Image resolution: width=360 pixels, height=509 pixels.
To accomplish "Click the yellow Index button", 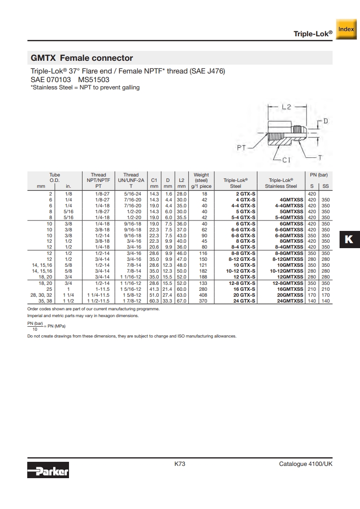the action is pos(346,29).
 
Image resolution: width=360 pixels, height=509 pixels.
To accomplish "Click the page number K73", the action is pos(180,464).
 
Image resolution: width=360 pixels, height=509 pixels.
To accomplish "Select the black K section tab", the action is pos(350,239).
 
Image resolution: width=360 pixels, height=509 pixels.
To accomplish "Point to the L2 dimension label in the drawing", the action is pos(286,107).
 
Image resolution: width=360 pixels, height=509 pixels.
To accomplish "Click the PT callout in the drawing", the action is pos(242,148).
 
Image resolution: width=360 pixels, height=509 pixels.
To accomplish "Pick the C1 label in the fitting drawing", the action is pos(286,160).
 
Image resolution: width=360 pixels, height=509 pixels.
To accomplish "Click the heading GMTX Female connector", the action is pos(82,58).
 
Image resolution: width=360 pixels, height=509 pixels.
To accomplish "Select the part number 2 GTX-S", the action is pos(246,194).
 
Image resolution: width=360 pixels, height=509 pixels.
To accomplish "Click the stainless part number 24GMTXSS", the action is pos(290,301).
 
